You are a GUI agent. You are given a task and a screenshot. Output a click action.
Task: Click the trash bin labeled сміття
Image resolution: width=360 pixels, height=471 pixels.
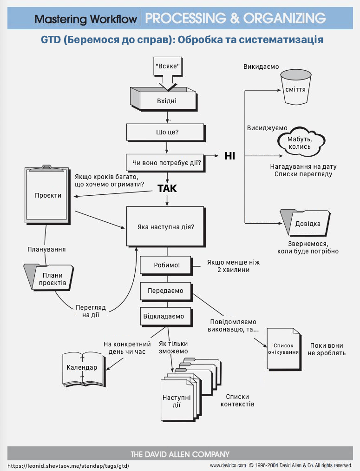(296, 87)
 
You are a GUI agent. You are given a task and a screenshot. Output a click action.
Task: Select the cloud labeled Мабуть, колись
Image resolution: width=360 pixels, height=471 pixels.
(301, 141)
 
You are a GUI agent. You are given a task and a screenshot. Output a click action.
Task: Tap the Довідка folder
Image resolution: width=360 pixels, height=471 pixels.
(305, 223)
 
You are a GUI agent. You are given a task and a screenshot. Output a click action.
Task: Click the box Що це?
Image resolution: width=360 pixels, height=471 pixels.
(166, 133)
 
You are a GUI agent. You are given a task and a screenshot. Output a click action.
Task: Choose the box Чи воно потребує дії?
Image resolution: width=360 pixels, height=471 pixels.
(165, 163)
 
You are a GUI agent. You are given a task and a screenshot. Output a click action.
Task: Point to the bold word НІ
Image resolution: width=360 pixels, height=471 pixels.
(230, 156)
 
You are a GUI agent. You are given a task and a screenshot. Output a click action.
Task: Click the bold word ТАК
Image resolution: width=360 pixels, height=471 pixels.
(167, 189)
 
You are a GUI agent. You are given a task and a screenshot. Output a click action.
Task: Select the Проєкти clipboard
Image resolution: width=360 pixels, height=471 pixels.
(47, 195)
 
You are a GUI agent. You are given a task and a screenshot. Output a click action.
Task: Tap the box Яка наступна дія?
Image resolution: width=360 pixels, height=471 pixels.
(166, 227)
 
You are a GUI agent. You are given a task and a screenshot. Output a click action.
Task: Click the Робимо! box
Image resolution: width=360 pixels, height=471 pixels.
(166, 265)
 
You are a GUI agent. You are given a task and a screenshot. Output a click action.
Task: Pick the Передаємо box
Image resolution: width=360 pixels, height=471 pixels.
(166, 292)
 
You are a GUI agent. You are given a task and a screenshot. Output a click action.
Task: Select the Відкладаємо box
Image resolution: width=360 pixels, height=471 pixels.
(166, 317)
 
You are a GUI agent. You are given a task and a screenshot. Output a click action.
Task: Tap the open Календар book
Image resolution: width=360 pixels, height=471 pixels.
(84, 369)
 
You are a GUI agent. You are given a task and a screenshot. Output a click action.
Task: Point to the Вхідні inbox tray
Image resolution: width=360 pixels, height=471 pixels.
(164, 100)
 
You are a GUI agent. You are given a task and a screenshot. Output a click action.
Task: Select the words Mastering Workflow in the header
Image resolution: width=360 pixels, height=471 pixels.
(86, 19)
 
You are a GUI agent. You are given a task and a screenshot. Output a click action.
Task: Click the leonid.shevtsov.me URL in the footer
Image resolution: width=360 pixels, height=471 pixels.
(68, 466)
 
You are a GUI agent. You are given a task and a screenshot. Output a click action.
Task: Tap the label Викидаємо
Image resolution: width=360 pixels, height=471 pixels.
(261, 66)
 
